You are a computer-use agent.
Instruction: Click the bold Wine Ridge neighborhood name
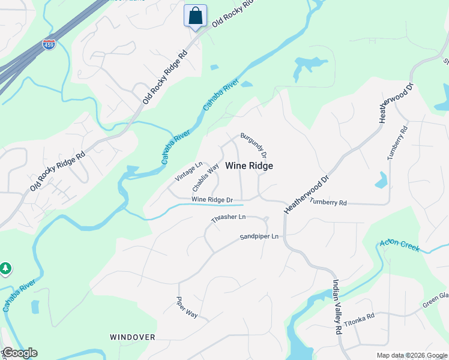[249, 166]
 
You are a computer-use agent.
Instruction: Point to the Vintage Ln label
[188, 172]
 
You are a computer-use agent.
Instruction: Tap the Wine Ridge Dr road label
[212, 199]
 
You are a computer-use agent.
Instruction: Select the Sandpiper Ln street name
[259, 237]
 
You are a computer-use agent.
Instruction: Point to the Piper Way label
[187, 306]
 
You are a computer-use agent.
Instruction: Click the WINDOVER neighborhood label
[133, 337]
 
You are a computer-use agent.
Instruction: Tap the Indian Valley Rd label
[337, 307]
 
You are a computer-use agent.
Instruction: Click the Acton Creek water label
[399, 245]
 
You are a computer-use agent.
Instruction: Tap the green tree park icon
[5, 268]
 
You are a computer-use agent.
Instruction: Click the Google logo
[19, 353]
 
